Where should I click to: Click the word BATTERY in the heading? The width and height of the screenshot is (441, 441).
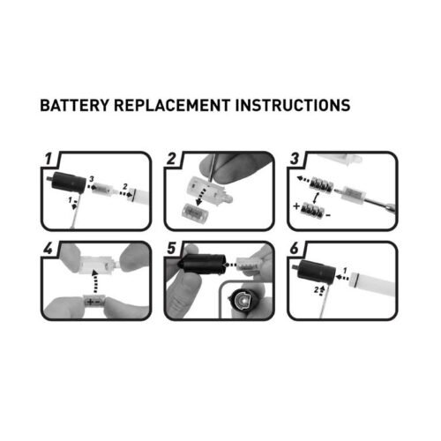tap(74, 105)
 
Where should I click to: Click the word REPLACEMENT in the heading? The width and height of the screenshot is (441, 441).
tap(172, 105)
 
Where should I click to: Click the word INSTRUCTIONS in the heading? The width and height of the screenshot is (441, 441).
tap(293, 105)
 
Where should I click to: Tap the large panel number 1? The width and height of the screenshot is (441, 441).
tap(49, 159)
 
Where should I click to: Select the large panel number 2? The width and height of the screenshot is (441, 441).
tap(171, 159)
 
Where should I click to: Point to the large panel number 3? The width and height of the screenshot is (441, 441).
tap(295, 159)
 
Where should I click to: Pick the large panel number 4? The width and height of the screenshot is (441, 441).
tap(48, 249)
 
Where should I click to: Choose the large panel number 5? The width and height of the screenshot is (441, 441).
tap(171, 249)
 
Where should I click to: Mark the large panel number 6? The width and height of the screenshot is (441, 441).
tap(295, 249)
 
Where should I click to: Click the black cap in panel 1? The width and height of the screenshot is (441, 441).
tap(67, 183)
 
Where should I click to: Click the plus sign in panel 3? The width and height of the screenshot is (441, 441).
tap(296, 206)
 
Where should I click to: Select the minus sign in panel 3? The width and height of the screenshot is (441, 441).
tap(328, 216)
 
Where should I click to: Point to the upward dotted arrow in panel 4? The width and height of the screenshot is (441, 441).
tap(94, 281)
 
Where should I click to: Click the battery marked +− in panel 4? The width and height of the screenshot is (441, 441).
tap(94, 302)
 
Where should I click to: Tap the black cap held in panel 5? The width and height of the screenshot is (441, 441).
tap(202, 265)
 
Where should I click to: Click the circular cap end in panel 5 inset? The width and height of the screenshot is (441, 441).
tap(241, 301)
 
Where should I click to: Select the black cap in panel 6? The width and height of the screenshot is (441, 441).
tap(315, 271)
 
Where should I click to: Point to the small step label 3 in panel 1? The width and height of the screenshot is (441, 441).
tap(92, 179)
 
